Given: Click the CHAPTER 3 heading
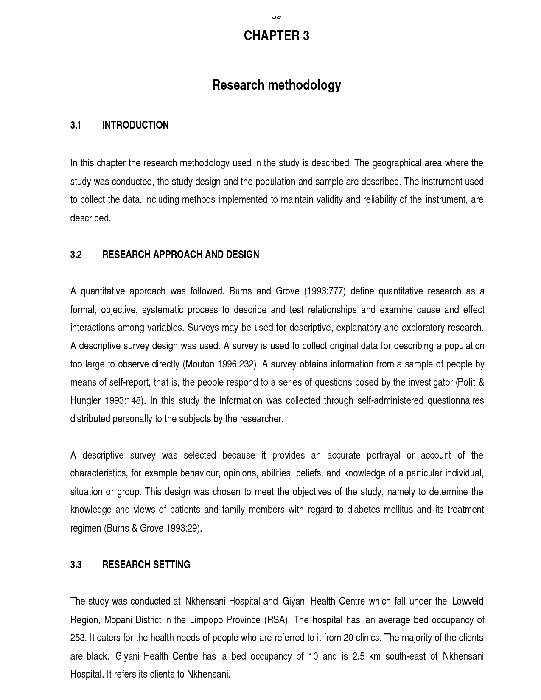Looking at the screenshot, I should (276, 36).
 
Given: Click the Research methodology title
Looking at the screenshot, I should (276, 85).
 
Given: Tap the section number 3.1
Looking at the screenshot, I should (76, 125).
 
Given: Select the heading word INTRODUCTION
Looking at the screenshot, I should (135, 125).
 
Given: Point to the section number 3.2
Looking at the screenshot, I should (76, 255).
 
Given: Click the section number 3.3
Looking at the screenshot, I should (76, 565).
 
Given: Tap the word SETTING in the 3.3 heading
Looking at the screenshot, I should (171, 565).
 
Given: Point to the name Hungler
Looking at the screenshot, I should (85, 401).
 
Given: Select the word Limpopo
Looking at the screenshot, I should (206, 620).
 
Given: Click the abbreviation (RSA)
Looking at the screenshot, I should (277, 620).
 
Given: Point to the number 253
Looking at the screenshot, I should (78, 638).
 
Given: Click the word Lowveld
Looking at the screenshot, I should (467, 602).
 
